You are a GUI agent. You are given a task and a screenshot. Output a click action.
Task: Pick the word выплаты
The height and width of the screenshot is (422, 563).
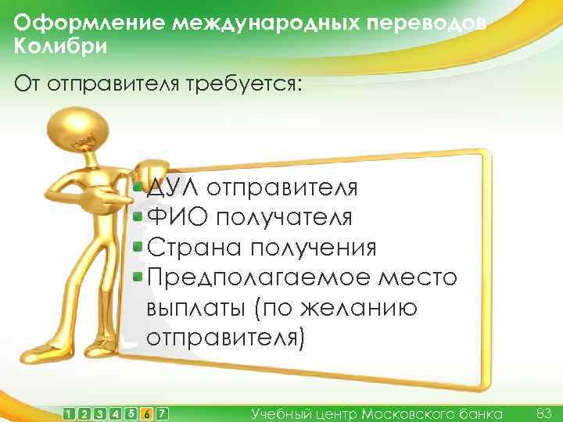coord(195,308)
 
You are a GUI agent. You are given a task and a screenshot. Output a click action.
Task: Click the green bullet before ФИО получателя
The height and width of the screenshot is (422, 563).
coord(138,216)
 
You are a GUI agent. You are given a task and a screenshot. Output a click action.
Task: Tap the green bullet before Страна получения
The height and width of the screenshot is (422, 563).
coord(138,246)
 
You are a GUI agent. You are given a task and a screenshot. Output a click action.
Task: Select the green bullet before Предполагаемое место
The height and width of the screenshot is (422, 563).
coord(138,276)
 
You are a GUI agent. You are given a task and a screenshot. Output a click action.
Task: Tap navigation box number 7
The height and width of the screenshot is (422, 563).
coord(162,413)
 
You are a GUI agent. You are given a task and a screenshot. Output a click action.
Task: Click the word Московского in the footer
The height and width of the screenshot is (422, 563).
coord(414,413)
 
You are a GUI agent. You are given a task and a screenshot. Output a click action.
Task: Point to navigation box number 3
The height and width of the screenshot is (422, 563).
coord(99,413)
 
